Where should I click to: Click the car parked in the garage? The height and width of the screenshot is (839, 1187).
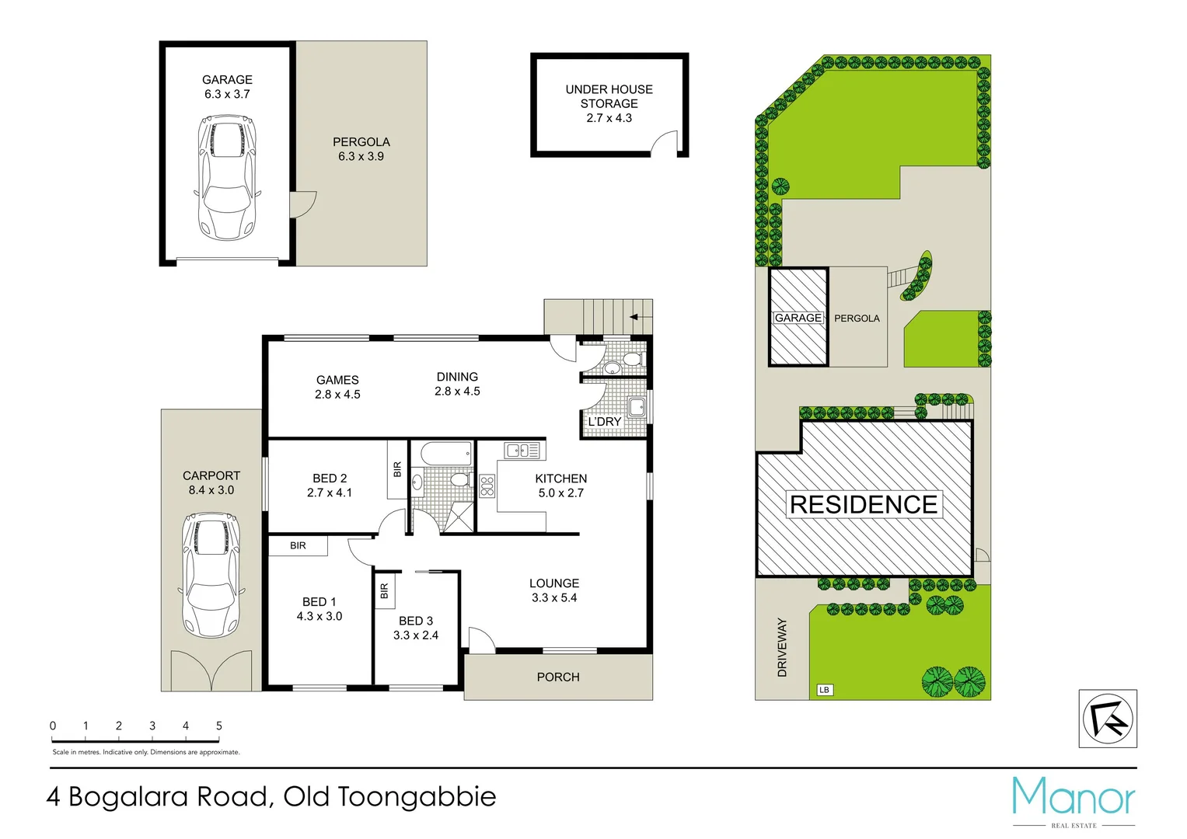(226, 178)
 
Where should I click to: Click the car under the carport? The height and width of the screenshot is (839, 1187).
(209, 574)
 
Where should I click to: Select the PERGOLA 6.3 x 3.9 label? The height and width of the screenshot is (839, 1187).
(361, 149)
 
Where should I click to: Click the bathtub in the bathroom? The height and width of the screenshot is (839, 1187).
(441, 453)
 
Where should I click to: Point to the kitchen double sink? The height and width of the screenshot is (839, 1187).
(522, 450)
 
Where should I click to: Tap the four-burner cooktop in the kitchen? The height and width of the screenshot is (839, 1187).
(487, 486)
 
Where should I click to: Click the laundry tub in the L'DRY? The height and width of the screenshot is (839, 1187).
(637, 406)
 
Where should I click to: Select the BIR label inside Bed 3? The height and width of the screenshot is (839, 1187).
(384, 591)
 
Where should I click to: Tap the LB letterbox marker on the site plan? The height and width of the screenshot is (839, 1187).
(824, 690)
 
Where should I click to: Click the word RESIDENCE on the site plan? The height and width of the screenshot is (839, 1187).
(863, 504)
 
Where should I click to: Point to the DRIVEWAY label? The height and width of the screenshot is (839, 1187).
(782, 647)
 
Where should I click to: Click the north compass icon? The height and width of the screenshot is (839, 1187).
(1108, 719)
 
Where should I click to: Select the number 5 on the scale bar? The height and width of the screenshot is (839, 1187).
(219, 726)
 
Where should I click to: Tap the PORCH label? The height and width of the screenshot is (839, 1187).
(558, 677)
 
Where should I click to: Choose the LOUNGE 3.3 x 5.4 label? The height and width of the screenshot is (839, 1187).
(554, 590)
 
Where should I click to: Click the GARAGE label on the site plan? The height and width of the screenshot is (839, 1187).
(798, 318)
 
